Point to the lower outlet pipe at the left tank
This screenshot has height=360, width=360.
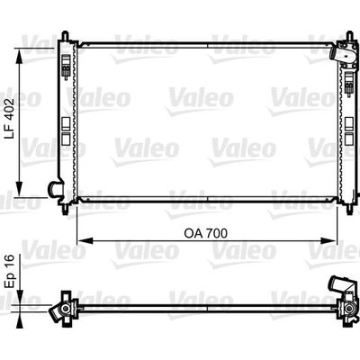coord(54,190)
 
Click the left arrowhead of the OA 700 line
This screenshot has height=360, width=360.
coord(80,241)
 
